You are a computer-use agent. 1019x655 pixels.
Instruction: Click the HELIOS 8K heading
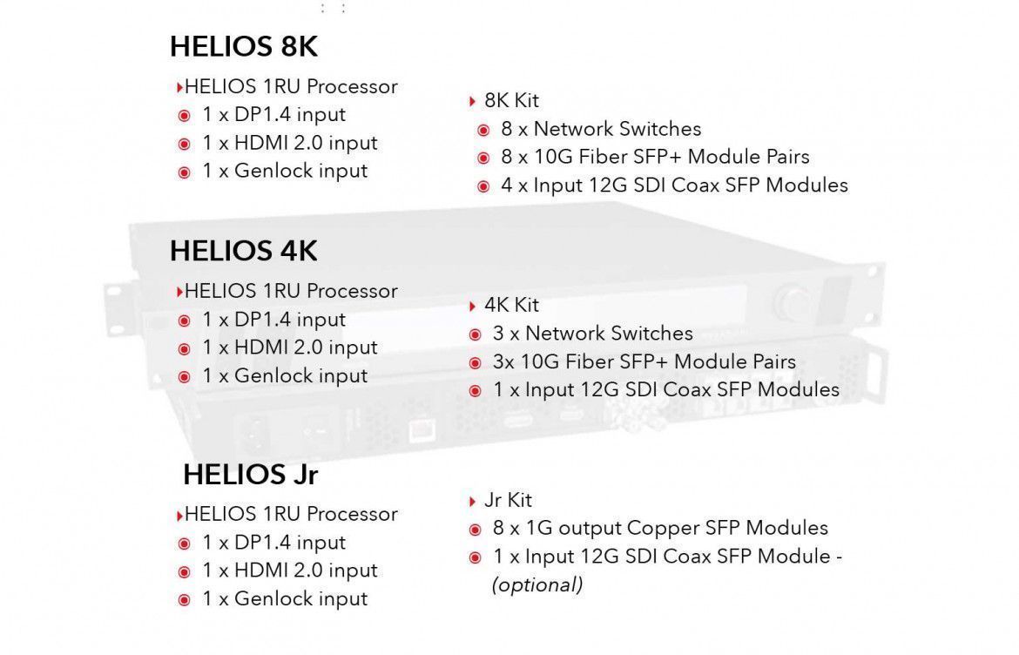tap(244, 47)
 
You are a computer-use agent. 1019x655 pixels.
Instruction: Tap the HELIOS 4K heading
tap(244, 251)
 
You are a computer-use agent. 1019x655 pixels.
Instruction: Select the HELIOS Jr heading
tap(251, 475)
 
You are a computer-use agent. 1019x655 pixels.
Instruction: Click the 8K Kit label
tap(511, 101)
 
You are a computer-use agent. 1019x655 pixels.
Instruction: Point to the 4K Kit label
tap(511, 305)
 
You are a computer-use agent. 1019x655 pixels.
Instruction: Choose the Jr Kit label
tap(509, 500)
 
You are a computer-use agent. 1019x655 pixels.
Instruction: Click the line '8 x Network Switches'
tap(601, 129)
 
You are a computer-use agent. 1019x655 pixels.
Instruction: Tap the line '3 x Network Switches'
tap(593, 334)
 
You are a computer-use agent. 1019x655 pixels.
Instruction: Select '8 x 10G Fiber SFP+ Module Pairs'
tap(655, 157)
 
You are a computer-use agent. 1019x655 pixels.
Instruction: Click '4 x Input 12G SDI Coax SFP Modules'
tap(675, 186)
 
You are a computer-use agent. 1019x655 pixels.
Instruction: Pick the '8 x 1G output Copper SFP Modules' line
tap(660, 528)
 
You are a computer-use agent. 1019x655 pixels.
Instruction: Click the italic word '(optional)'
tap(537, 584)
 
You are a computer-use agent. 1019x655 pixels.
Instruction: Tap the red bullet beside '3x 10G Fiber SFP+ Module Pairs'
tap(475, 363)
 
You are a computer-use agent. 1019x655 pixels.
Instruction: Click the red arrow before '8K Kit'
tap(472, 101)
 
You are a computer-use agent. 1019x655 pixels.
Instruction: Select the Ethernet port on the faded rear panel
tap(423, 429)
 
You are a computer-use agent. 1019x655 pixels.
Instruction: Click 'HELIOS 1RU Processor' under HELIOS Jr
tap(291, 514)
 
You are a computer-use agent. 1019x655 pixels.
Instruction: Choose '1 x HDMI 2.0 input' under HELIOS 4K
tap(290, 348)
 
